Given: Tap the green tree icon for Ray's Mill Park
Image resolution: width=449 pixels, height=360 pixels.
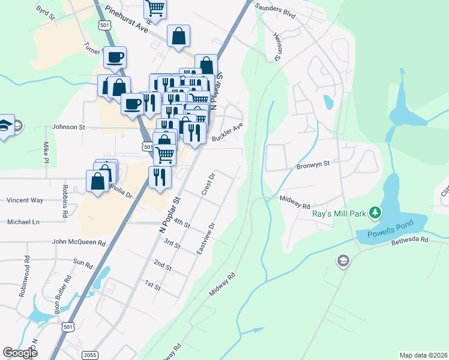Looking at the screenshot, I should pyautogui.click(x=375, y=212).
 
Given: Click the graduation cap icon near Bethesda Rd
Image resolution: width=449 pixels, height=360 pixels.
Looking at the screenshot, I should pyautogui.click(x=343, y=261).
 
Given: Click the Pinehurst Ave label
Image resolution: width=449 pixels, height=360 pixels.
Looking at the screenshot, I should pyautogui.click(x=126, y=20).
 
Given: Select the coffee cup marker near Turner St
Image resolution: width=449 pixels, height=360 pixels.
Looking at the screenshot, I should pyautogui.click(x=115, y=58).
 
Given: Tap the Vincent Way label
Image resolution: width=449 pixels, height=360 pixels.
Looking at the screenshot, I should pyautogui.click(x=25, y=200).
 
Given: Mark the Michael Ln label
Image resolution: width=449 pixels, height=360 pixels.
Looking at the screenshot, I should pyautogui.click(x=23, y=222).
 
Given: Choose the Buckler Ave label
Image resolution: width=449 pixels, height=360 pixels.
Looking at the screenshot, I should pyautogui.click(x=227, y=134).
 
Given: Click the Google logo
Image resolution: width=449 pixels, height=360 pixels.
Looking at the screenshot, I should pyautogui.click(x=20, y=353).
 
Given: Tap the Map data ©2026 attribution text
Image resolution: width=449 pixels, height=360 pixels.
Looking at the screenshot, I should pyautogui.click(x=423, y=355).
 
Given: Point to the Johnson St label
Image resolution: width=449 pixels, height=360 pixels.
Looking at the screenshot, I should pyautogui.click(x=69, y=127).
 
